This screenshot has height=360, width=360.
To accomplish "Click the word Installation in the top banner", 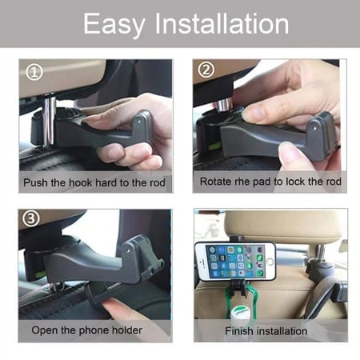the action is [x=222, y=24].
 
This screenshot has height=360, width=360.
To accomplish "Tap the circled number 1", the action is [x=34, y=72].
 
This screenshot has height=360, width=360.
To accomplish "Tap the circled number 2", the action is [x=206, y=70].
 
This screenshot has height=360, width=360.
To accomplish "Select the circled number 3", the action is [x=31, y=218].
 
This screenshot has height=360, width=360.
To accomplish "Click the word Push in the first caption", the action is [x=36, y=182].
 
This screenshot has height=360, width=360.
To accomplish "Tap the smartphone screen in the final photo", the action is [x=235, y=262].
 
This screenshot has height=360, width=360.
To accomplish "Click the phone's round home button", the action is [x=270, y=262].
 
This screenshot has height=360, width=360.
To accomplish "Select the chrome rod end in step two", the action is [x=223, y=104].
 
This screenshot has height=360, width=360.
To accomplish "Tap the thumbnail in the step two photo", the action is [x=252, y=113].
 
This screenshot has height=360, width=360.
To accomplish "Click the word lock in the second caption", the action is [x=295, y=182].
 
